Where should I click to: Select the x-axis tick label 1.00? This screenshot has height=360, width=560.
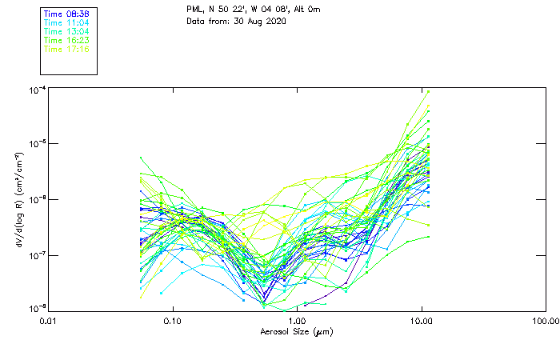coord(297,321)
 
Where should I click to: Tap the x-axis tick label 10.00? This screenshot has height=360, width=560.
coord(421,321)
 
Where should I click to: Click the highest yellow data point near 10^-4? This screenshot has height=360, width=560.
coord(428,91)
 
